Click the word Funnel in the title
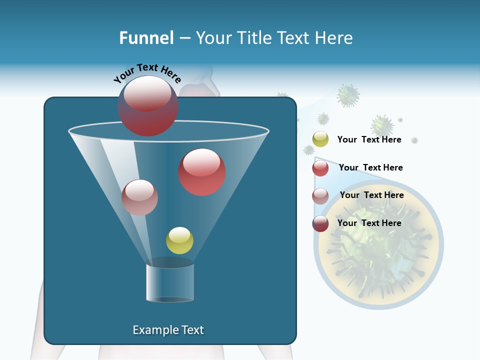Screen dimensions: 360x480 (x=146, y=38)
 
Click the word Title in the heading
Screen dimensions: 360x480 (x=253, y=38)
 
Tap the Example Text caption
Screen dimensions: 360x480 (x=168, y=330)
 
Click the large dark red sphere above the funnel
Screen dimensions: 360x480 (x=147, y=106)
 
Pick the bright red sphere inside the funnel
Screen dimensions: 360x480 (x=202, y=172)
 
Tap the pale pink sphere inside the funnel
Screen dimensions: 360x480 (x=139, y=197)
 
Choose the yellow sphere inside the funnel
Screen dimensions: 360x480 (x=179, y=240)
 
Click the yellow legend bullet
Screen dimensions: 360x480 (x=320, y=139)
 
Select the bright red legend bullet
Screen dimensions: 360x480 (x=320, y=168)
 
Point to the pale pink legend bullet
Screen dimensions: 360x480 (x=320, y=196)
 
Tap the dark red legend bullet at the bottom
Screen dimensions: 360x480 (x=320, y=223)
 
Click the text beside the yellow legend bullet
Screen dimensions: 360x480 (x=369, y=140)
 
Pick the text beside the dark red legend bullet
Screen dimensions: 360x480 (x=369, y=223)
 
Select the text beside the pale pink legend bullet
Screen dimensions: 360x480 (x=371, y=195)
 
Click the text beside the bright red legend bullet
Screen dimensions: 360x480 (x=370, y=167)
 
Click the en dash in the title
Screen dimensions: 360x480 (x=184, y=38)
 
